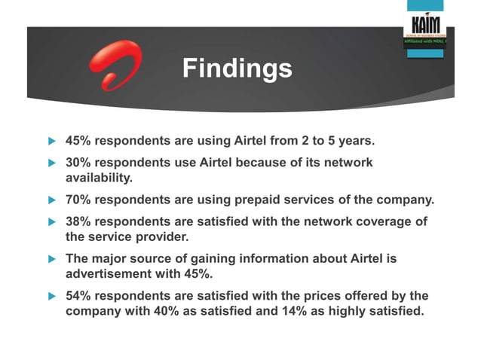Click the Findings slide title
[237, 69]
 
